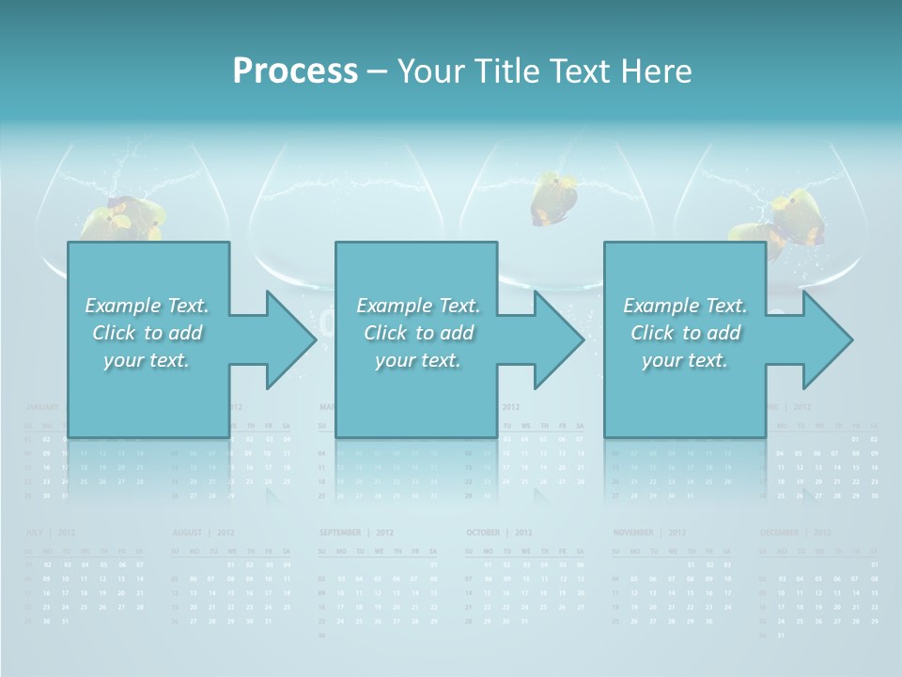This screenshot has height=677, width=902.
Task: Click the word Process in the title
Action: click(295, 71)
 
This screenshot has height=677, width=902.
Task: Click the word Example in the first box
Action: click(123, 306)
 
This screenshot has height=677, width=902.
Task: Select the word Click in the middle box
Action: click(385, 333)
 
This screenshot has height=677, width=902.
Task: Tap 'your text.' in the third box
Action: click(685, 360)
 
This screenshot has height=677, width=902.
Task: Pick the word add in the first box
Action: click(185, 333)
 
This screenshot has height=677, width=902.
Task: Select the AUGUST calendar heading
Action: click(190, 533)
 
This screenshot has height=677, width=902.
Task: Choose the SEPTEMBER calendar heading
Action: click(340, 533)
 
